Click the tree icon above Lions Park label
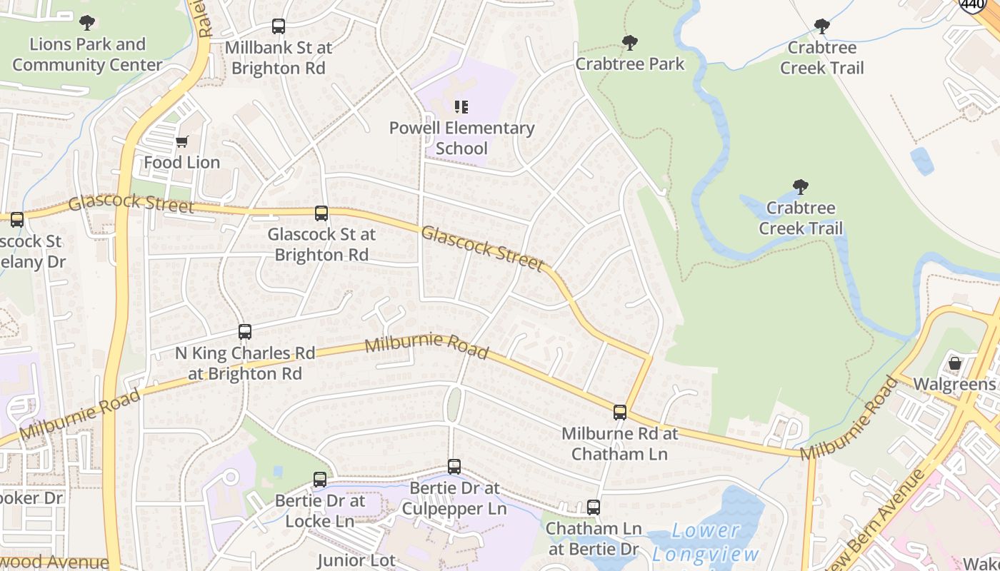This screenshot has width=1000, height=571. [x=87, y=23]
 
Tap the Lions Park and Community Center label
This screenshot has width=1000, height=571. [x=87, y=55]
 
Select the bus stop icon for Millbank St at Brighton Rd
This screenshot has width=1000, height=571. [x=279, y=27]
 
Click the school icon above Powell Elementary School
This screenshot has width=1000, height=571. [x=461, y=107]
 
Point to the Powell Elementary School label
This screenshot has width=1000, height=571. [x=461, y=138]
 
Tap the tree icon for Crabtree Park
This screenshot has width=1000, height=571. [x=629, y=43]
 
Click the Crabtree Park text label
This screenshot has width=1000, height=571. [x=629, y=64]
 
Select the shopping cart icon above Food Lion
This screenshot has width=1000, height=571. [x=181, y=141]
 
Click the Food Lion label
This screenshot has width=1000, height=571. [x=181, y=163]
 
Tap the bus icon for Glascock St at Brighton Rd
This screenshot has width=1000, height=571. [x=321, y=213]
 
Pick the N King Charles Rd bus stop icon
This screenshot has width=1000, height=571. [x=245, y=332]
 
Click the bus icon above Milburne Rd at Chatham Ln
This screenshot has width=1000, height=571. [x=620, y=413]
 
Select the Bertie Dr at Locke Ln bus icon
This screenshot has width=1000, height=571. [x=320, y=480]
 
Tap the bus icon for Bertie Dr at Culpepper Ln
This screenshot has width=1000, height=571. [x=454, y=467]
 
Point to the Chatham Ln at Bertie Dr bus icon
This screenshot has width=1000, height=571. [x=594, y=507]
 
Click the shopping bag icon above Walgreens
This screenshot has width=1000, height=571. [x=955, y=363]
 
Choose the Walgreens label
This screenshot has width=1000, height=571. [x=955, y=385]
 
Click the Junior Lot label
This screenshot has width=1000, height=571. [x=356, y=560]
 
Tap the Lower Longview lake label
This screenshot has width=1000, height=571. [x=706, y=542]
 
